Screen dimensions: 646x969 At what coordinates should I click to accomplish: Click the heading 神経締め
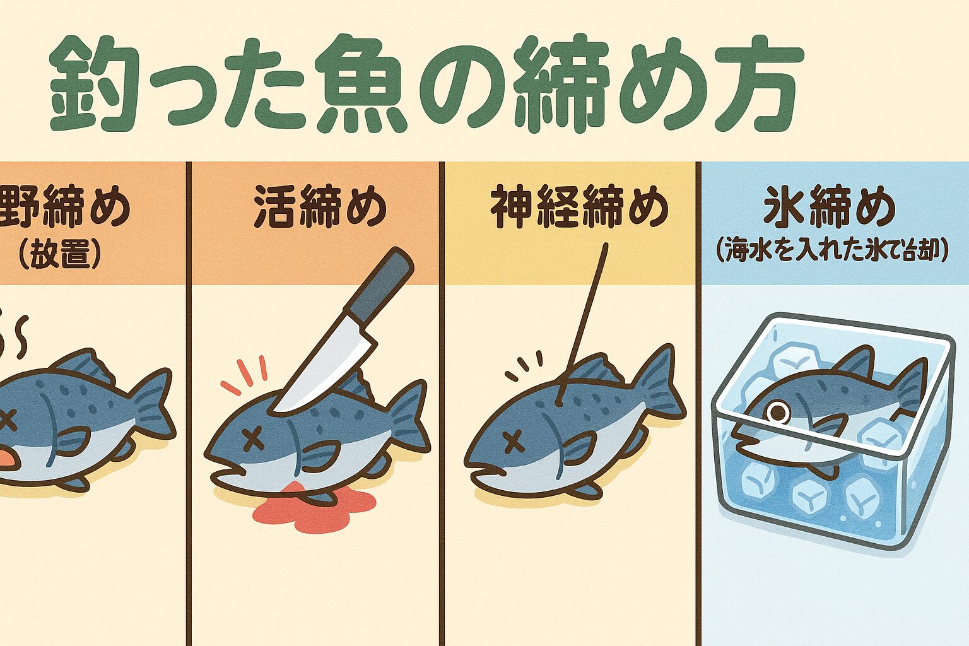coord(579,206)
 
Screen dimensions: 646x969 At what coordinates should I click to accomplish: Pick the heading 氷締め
coord(829,206)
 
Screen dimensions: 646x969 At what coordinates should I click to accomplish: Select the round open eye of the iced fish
coord(780,412)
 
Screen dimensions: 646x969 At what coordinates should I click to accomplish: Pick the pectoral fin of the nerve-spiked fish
coord(577,449)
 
